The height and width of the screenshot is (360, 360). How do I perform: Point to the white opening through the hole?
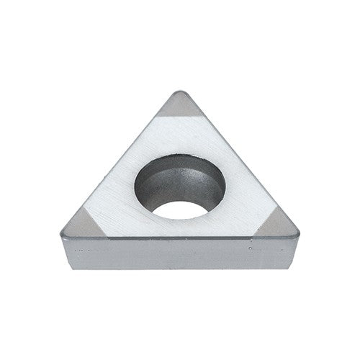pos(180,209)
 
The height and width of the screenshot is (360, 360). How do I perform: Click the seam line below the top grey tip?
pos(180,119)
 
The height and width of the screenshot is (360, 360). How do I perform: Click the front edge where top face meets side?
pos(180,239)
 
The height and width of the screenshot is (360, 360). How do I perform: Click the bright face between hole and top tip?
pos(180,137)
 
